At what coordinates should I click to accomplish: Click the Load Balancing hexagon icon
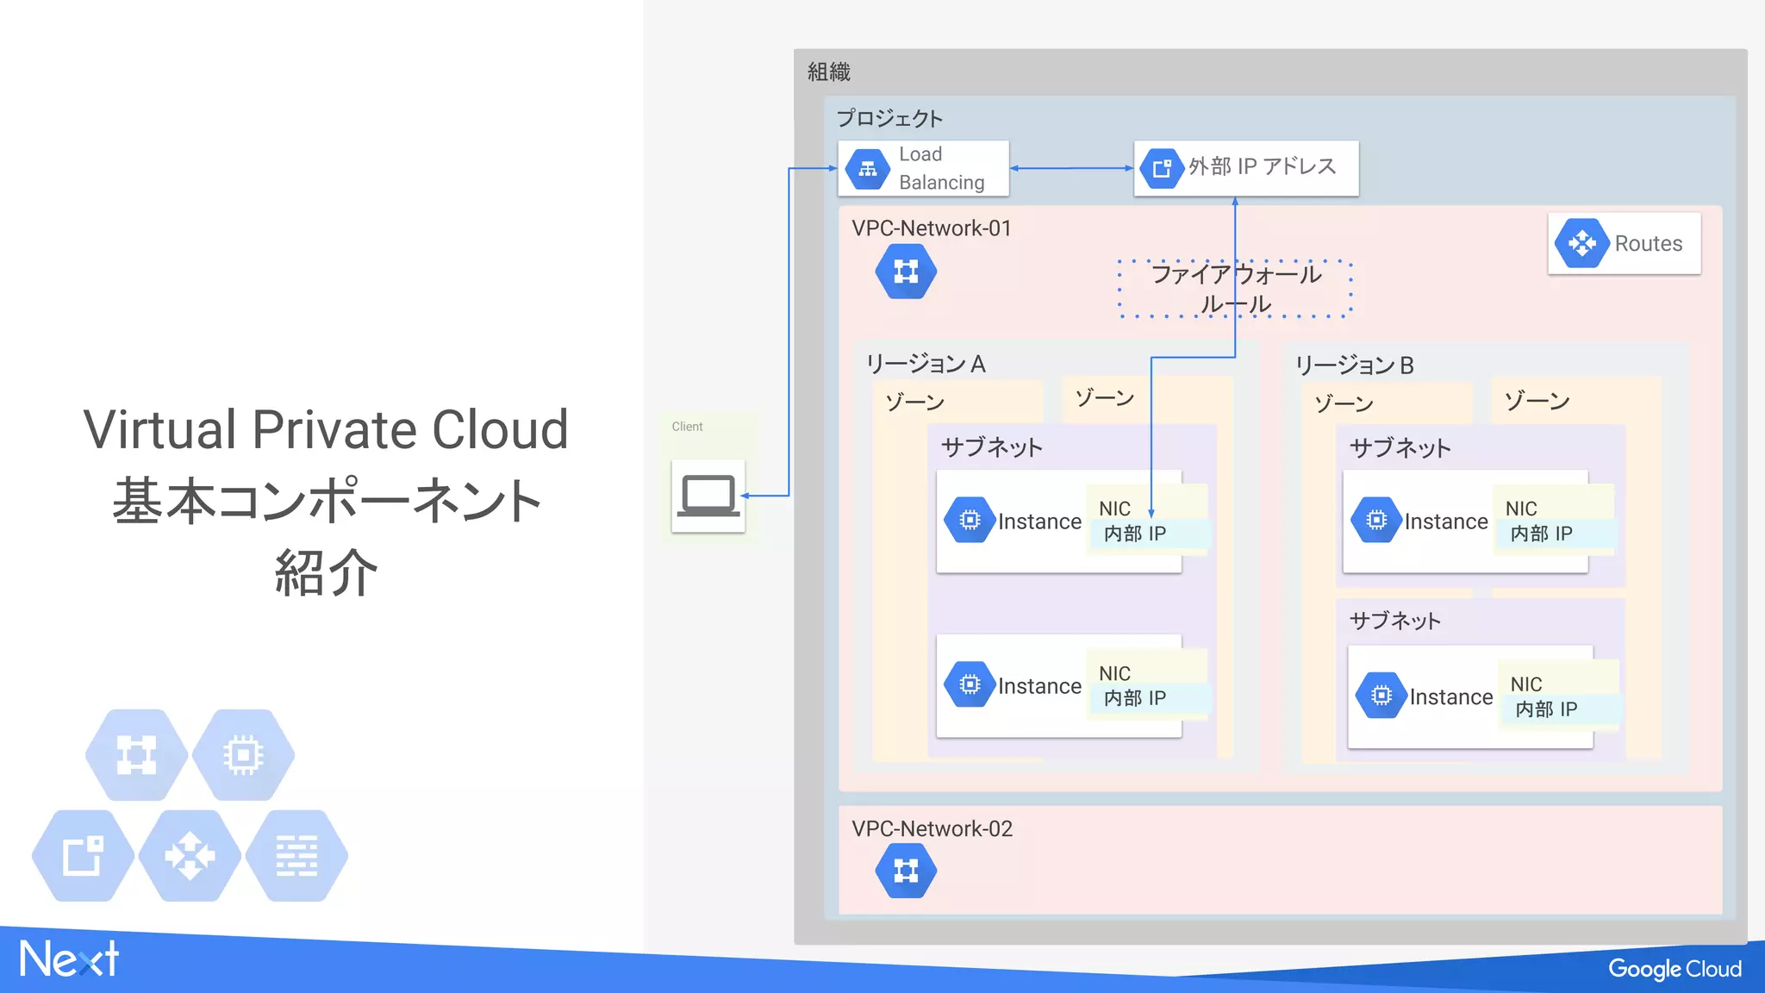(x=867, y=169)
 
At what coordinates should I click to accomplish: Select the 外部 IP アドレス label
(x=1262, y=166)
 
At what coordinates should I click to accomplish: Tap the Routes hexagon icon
(x=1581, y=243)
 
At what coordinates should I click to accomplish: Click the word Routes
(x=1648, y=244)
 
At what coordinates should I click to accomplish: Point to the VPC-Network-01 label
(x=931, y=228)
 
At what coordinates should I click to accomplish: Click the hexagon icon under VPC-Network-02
(x=906, y=871)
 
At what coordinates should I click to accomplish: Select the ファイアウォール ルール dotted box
(x=1235, y=289)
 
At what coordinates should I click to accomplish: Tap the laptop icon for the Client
(x=708, y=496)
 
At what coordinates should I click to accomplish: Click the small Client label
(x=687, y=427)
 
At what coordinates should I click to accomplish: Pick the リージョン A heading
(x=926, y=364)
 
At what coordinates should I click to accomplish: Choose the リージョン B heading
(x=1354, y=365)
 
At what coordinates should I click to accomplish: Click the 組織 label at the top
(x=828, y=72)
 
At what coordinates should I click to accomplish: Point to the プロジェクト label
(x=889, y=118)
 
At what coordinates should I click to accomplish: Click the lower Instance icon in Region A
(x=970, y=685)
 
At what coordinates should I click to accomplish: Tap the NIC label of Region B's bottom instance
(x=1525, y=684)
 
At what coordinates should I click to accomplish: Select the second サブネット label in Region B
(x=1394, y=621)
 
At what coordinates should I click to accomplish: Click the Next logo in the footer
(x=69, y=959)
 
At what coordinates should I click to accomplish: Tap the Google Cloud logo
(x=1674, y=969)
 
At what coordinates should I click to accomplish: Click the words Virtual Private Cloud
(x=326, y=429)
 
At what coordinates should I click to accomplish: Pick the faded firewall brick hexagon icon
(x=296, y=856)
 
